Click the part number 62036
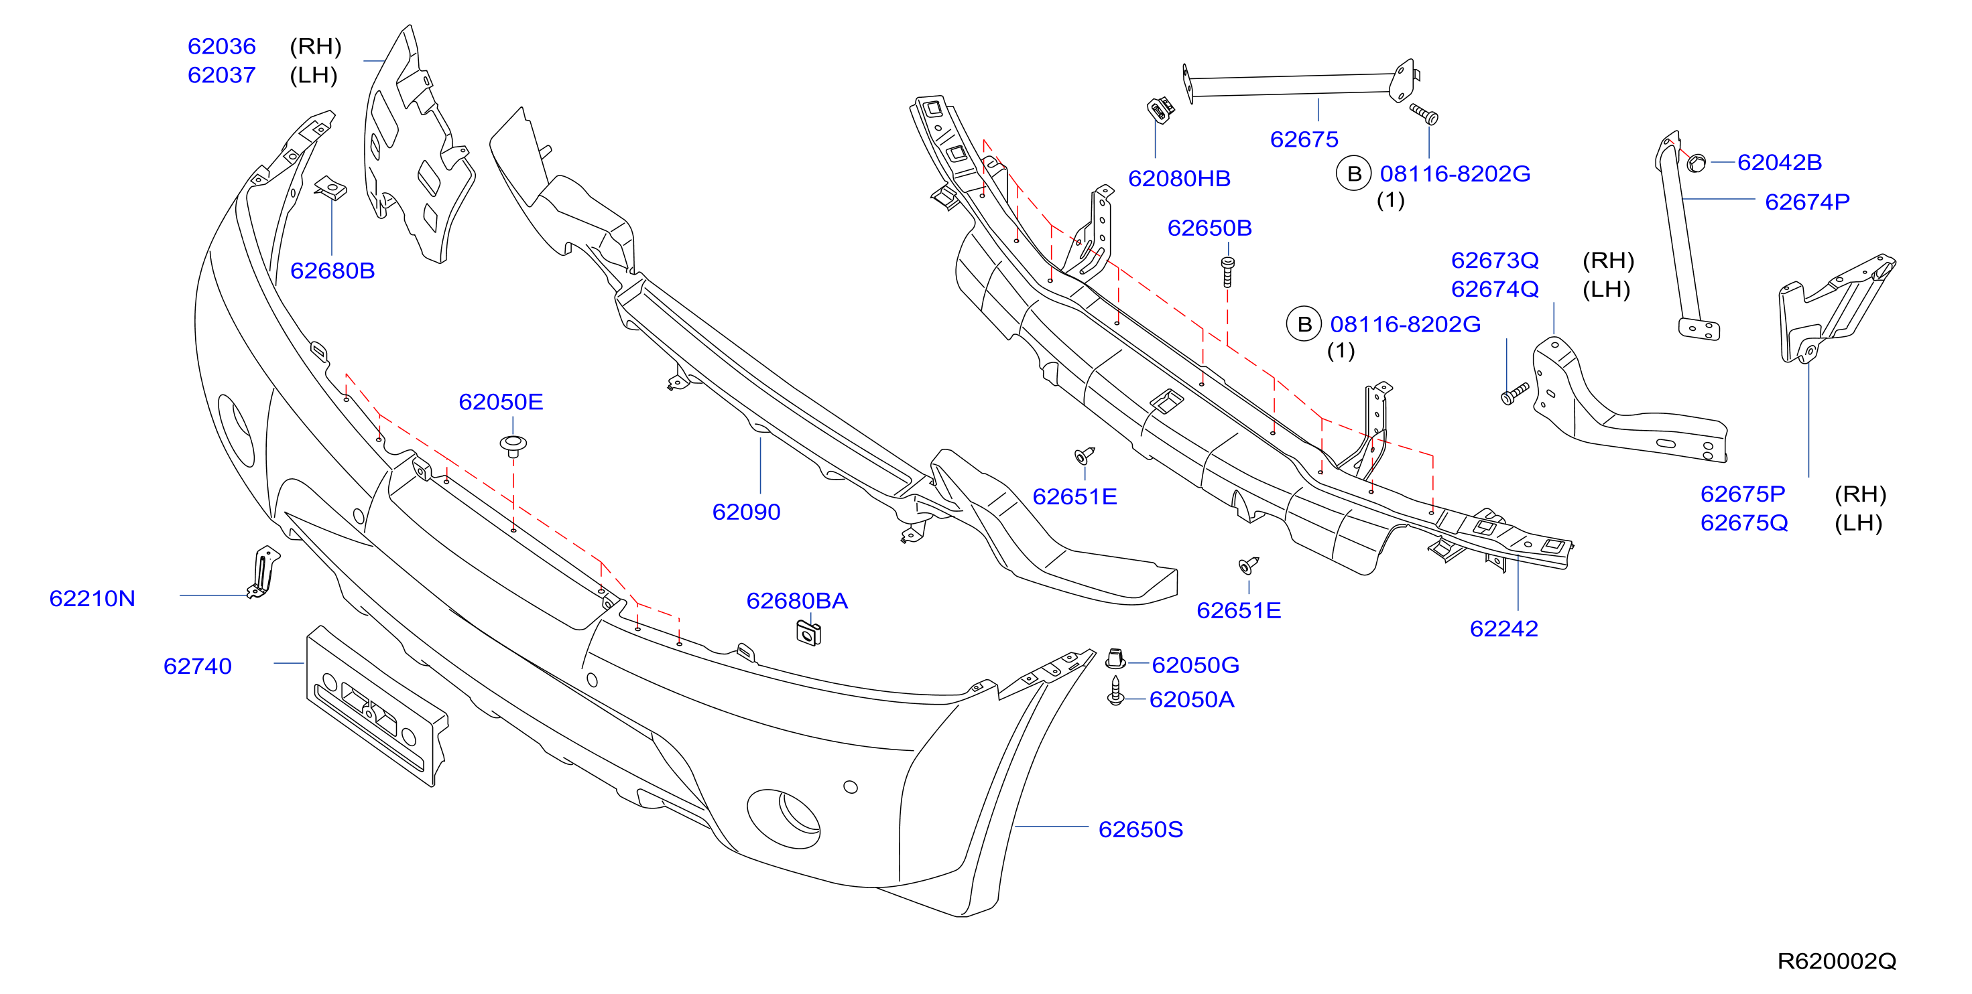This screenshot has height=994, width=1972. pos(221,47)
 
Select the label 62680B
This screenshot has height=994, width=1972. pos(332,271)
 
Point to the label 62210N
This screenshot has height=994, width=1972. pos(92,598)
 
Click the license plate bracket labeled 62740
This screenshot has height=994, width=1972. pos(377,705)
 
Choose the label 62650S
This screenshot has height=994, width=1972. pos(1140,829)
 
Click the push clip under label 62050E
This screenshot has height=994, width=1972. pos(513,446)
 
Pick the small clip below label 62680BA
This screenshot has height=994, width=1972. pos(808,633)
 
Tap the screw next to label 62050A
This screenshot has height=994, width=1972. pos(1115,691)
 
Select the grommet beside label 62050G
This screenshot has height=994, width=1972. pos(1115,659)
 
